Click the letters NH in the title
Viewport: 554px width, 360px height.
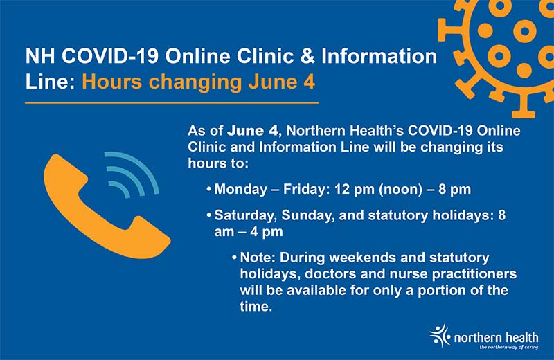(39, 56)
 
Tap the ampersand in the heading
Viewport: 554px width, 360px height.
(307, 56)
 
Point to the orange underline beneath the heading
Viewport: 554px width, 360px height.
(172, 102)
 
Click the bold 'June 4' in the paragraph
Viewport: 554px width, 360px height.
(253, 131)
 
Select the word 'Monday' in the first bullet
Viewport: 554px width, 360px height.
(240, 190)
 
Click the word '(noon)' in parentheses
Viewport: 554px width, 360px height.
(401, 190)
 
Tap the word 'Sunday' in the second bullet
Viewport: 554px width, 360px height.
(307, 216)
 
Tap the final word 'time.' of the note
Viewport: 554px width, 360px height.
(256, 306)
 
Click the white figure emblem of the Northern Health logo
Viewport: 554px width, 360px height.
(440, 335)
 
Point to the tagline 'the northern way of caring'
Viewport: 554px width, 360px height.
(509, 348)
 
